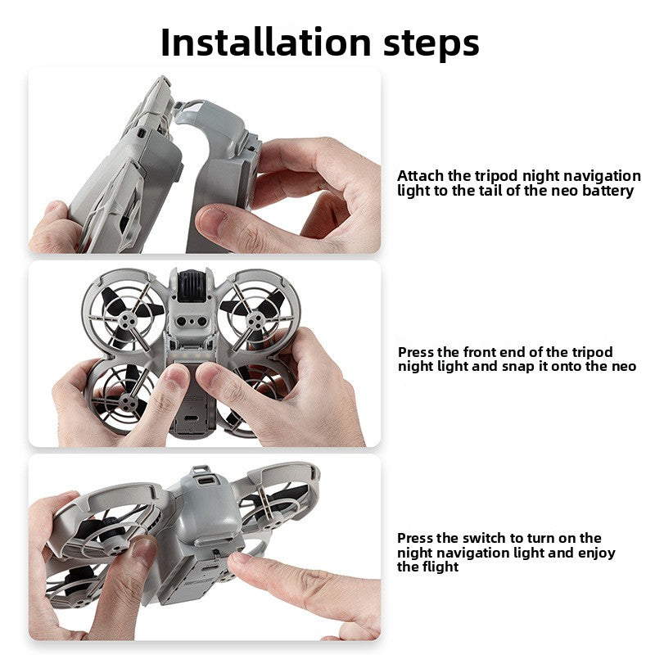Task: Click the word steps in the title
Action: pyautogui.click(x=431, y=44)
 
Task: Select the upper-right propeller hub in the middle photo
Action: pyautogui.click(x=255, y=321)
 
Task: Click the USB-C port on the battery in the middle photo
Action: pyautogui.click(x=192, y=419)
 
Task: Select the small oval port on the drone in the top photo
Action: pyautogui.click(x=142, y=133)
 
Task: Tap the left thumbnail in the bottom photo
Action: pyautogui.click(x=143, y=549)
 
